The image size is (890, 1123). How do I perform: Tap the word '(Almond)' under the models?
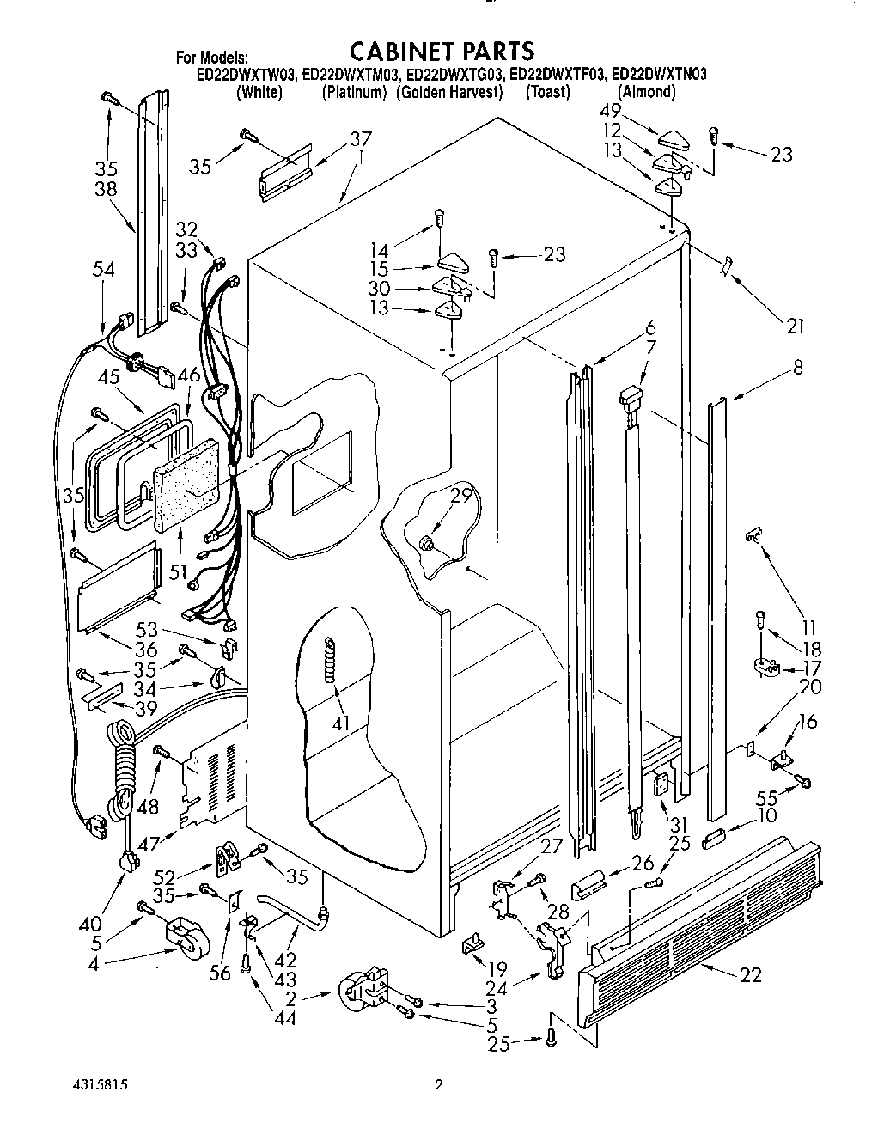645,92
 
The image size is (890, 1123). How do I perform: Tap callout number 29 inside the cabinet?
461,494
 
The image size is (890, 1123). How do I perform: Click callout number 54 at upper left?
104,270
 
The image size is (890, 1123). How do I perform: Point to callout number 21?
796,326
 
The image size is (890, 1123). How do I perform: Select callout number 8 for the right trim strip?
798,367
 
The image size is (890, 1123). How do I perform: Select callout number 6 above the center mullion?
650,327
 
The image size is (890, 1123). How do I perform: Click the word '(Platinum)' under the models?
353,92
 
